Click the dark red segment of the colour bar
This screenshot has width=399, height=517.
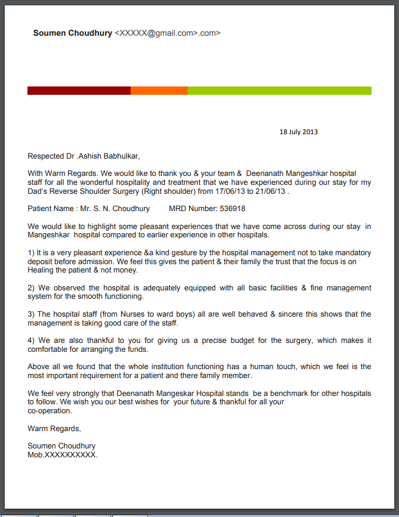[x=79, y=91]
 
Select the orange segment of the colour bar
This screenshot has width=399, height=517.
[x=159, y=91]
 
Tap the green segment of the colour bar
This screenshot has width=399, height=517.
[x=280, y=91]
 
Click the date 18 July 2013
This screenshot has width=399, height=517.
[x=299, y=132]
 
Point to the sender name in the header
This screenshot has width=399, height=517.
[x=73, y=33]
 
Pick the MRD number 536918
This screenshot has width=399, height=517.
[x=233, y=209]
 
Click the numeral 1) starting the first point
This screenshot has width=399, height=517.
[x=32, y=253]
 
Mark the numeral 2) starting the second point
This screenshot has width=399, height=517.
[x=32, y=288]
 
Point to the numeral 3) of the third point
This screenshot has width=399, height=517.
[x=32, y=314]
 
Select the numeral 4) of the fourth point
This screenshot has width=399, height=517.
[x=32, y=340]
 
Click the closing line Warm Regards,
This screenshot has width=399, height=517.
[x=54, y=428]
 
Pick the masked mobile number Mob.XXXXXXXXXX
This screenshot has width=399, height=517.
[x=63, y=454]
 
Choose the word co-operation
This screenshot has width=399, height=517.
[x=50, y=410]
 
